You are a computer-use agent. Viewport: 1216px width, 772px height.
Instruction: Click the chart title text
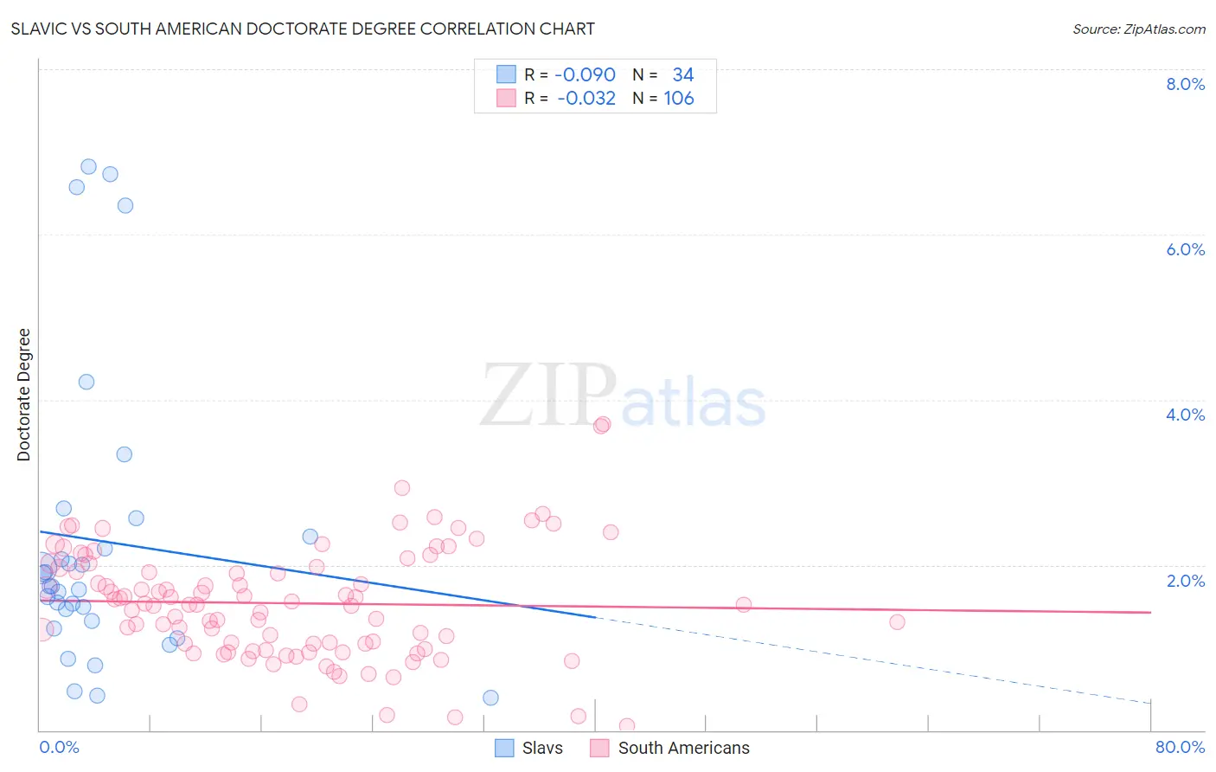(303, 29)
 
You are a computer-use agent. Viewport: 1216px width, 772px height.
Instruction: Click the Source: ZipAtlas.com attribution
(1138, 29)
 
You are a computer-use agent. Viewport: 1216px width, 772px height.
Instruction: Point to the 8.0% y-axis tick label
(1185, 84)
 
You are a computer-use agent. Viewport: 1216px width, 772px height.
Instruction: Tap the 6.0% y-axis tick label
(1185, 249)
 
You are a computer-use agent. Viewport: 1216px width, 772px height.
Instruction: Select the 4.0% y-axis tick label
(1185, 415)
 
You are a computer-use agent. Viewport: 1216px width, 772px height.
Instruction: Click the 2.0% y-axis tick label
(1185, 581)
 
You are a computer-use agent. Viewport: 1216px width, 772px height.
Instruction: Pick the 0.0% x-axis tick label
(59, 747)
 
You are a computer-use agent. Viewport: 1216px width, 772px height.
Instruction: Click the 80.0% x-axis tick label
(1180, 747)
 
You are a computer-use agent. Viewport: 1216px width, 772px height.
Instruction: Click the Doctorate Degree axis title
(24, 395)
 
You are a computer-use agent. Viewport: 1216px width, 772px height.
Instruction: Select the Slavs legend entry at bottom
(529, 748)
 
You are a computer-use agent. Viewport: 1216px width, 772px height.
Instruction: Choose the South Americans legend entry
(671, 748)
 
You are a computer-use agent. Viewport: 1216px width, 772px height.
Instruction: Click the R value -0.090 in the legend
(585, 74)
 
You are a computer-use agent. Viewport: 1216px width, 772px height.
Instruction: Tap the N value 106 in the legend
(679, 98)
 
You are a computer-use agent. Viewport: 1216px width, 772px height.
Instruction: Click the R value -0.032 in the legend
(586, 98)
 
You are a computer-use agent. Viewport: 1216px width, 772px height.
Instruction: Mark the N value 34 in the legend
(683, 74)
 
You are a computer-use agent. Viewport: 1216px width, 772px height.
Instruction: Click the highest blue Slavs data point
(88, 166)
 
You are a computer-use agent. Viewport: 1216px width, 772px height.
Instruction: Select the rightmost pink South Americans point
(897, 621)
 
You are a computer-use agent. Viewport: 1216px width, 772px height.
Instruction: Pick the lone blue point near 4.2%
(86, 382)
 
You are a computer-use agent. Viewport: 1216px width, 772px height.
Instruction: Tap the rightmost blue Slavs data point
(490, 698)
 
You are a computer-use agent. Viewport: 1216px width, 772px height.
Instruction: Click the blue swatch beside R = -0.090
(506, 74)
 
